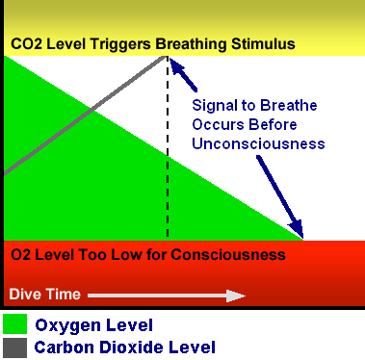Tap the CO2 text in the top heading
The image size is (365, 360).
point(25,44)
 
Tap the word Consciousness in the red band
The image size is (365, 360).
point(237,255)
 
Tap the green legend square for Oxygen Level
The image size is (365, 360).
point(14,322)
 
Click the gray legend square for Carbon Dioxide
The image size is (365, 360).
point(14,346)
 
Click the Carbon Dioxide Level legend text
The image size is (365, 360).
point(124,347)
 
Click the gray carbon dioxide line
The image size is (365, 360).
point(87,115)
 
